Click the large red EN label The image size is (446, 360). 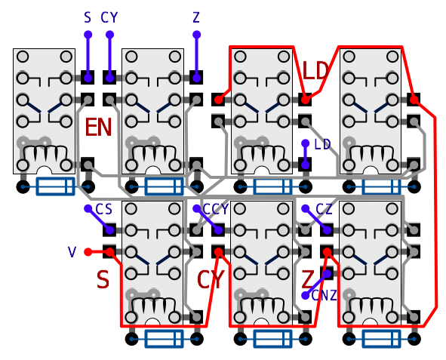point(98,128)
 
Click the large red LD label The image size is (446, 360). point(315,70)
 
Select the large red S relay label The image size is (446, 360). point(103,280)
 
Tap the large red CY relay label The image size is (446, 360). point(211,279)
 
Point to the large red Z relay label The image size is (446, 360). point(307,279)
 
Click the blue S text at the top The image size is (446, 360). point(88,17)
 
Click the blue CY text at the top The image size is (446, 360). point(109,17)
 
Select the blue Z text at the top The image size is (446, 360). point(196,17)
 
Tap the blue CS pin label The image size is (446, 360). point(104,209)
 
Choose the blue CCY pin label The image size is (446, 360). point(216,209)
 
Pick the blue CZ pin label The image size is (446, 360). point(324,210)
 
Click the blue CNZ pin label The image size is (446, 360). point(325,296)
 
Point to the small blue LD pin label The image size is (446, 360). point(322,144)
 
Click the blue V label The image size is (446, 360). point(72,252)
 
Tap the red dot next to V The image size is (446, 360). point(88,252)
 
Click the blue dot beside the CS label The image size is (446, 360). point(88,209)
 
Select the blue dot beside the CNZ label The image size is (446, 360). point(305,295)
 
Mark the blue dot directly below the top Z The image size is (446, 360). point(196,35)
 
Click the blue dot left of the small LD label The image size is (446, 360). point(305,143)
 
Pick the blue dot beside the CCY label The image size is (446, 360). point(196,209)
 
